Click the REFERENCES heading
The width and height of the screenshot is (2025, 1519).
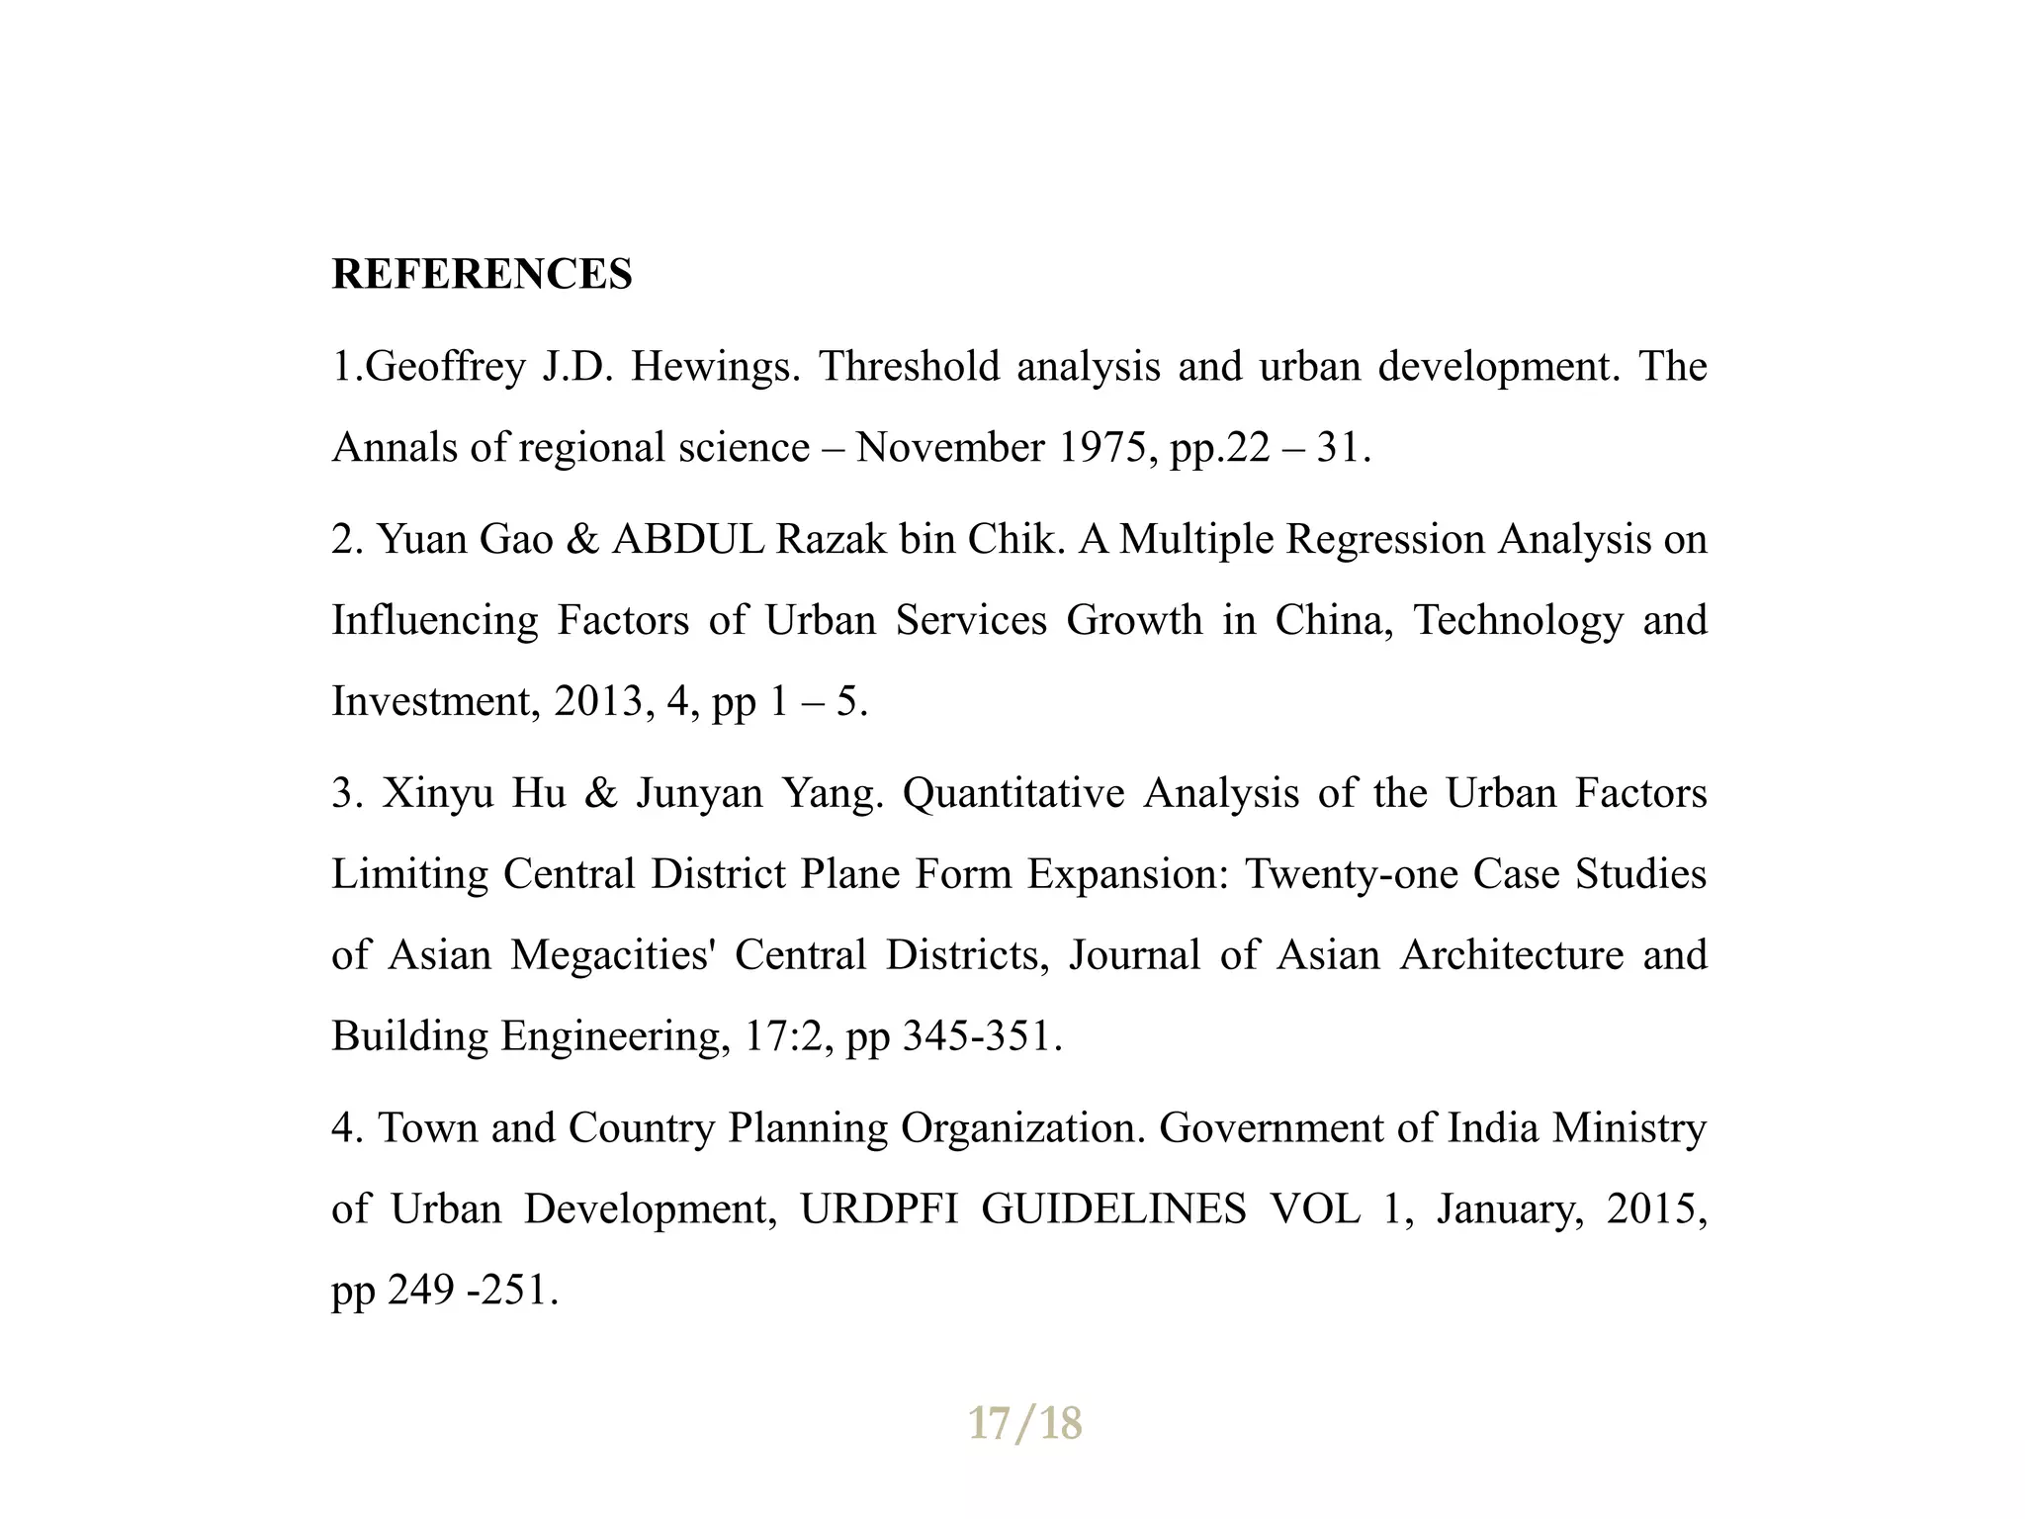(x=482, y=274)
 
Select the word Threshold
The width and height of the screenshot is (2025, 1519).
(x=909, y=367)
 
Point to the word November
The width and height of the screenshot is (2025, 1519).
(x=949, y=448)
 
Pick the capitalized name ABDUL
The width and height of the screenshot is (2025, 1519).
(x=688, y=540)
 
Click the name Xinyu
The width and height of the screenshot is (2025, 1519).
(x=437, y=793)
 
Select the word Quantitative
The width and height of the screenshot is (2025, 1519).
(x=1013, y=793)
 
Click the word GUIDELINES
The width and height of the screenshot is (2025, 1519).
(x=1113, y=1209)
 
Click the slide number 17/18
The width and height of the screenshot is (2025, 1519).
(x=1024, y=1424)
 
